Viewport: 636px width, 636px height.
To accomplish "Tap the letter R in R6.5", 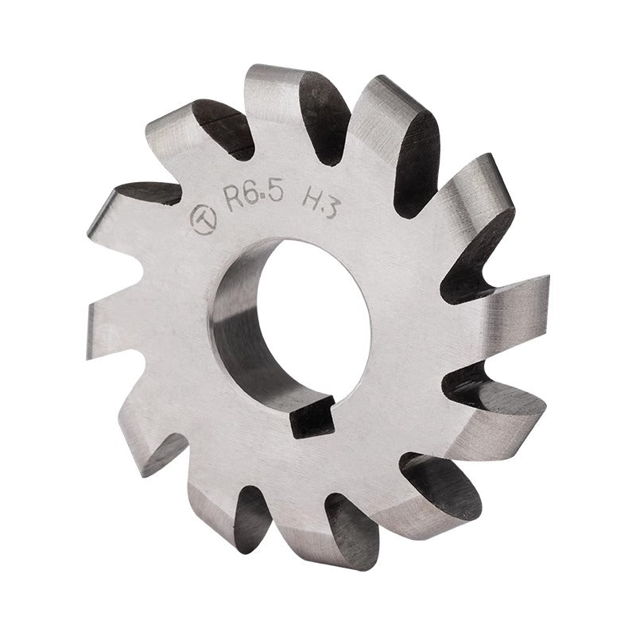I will (x=235, y=200).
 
